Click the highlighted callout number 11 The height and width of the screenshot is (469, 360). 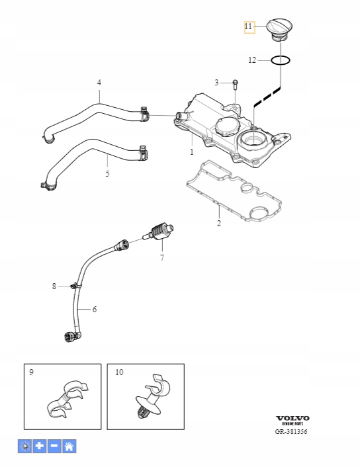coord(249,27)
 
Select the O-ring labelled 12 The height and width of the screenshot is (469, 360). coord(281,60)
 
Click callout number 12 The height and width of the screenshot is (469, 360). coord(251,60)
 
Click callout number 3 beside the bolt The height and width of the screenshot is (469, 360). coord(216,82)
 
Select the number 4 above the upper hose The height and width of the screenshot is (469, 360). coord(99,83)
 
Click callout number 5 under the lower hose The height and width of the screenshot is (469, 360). coord(107,174)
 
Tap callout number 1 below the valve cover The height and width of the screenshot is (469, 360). coord(192,152)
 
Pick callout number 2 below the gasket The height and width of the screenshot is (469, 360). coord(218,224)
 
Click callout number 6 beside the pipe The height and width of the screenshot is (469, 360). coord(95,309)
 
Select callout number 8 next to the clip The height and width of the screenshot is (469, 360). coord(54,286)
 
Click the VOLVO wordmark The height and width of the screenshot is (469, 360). coord(292,418)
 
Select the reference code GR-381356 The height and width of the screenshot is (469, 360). coord(292,432)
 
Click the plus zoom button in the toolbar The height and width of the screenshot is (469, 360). coord(38,446)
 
